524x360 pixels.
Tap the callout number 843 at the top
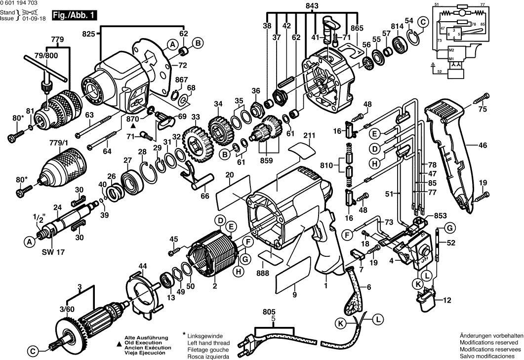(x=312, y=5)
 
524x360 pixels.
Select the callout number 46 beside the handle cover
(x=483, y=145)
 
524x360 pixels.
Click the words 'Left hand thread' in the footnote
(x=208, y=342)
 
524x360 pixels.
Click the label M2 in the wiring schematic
(x=451, y=50)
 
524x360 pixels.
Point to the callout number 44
(x=142, y=266)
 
